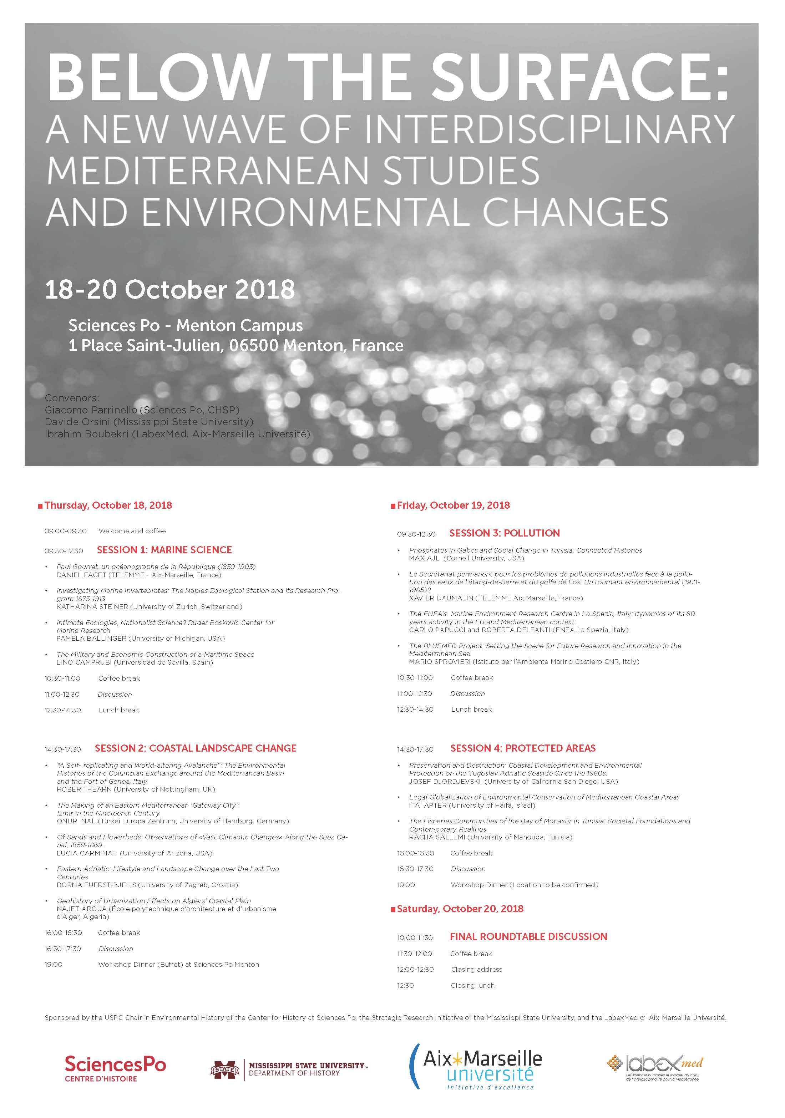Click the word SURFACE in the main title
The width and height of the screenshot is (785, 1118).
tap(578, 76)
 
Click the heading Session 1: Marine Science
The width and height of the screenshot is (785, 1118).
tap(164, 550)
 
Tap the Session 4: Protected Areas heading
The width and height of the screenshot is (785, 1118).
tap(522, 748)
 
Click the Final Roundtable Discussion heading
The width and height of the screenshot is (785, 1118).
tap(528, 936)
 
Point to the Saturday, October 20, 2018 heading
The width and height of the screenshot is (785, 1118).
tap(460, 909)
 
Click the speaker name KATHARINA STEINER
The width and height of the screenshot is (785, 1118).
tap(92, 607)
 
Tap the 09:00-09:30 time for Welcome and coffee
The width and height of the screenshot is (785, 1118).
tap(65, 531)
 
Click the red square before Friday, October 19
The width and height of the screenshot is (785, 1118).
tap(393, 507)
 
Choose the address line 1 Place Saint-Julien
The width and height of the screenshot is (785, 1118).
tap(236, 345)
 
